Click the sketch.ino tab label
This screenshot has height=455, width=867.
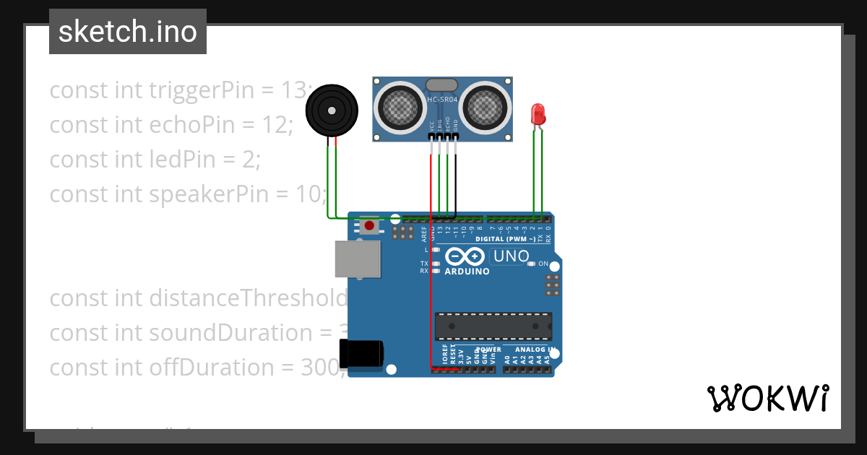128,32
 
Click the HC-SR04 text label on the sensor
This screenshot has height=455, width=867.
442,100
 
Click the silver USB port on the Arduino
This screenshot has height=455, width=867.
357,259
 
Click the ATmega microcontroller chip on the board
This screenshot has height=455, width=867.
493,326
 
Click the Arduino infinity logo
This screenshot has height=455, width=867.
465,256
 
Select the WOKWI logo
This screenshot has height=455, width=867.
767,398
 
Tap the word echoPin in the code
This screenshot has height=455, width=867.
192,124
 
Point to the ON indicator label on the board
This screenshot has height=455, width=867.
543,264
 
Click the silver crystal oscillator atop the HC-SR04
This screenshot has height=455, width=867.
442,85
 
